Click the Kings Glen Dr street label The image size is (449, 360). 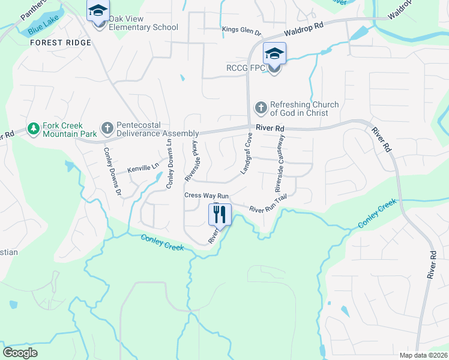coord(242,29)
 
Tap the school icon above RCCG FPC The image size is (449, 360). coord(274,54)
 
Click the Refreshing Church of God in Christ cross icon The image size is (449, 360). coord(261,108)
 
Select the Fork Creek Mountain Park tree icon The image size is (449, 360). coord(33,129)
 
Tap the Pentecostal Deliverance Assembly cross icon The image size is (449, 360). coord(107,128)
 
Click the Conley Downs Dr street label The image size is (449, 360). coord(112,172)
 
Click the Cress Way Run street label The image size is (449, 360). coord(206,196)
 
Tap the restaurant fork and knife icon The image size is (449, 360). coord(219,214)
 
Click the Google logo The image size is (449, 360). coord(20,352)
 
